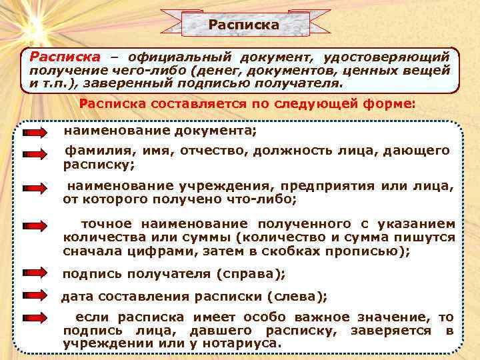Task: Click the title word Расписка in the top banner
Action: [x=243, y=25]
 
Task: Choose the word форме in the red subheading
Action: [x=393, y=104]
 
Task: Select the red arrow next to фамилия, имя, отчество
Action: [x=34, y=154]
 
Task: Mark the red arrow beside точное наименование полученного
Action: [x=34, y=227]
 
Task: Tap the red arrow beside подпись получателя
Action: [x=34, y=273]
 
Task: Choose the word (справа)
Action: [x=251, y=274]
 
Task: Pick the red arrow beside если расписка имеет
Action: [x=34, y=319]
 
